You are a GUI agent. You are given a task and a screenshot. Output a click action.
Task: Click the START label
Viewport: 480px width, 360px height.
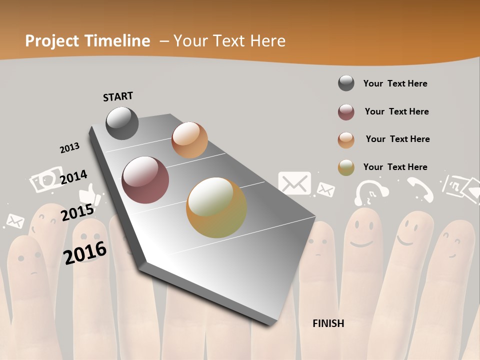coord(118,96)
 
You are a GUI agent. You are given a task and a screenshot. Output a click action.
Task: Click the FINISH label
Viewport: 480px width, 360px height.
coord(328,323)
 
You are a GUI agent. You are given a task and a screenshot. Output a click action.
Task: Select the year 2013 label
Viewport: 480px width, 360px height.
coord(69,148)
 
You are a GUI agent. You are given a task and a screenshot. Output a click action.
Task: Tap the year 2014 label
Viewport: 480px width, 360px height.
coord(73,177)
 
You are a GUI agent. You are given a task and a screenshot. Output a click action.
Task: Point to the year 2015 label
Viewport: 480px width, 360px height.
coord(77,212)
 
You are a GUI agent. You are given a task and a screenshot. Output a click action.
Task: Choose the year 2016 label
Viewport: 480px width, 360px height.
coord(85,252)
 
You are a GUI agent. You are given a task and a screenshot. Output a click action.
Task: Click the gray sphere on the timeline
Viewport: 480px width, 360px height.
coord(122,123)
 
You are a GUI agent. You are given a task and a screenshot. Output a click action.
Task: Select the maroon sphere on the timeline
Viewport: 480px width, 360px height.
coord(145,180)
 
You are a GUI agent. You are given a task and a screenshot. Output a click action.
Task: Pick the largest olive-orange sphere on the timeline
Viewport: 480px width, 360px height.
coord(216,207)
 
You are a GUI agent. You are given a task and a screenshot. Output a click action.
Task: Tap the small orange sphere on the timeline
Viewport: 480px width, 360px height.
coord(189,140)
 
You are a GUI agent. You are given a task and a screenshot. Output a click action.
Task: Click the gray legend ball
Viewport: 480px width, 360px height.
coord(346,83)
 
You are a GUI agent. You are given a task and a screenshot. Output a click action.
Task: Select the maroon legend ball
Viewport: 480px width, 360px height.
coord(346,112)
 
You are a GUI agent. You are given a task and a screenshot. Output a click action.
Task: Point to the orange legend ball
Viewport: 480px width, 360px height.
coord(346,140)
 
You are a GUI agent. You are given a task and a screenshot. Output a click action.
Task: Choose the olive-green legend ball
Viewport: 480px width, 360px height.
coord(346,167)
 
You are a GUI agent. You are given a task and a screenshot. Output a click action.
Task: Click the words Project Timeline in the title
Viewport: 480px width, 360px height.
coord(87,41)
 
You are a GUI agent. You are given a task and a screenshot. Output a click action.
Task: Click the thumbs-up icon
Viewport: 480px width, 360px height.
coord(90,195)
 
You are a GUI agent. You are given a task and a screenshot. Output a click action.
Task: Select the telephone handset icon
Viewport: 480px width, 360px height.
coord(420,189)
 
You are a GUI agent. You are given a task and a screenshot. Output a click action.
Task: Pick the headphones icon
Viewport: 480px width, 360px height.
coord(371,192)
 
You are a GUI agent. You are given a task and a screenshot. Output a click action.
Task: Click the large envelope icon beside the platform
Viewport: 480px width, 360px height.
coord(294,183)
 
